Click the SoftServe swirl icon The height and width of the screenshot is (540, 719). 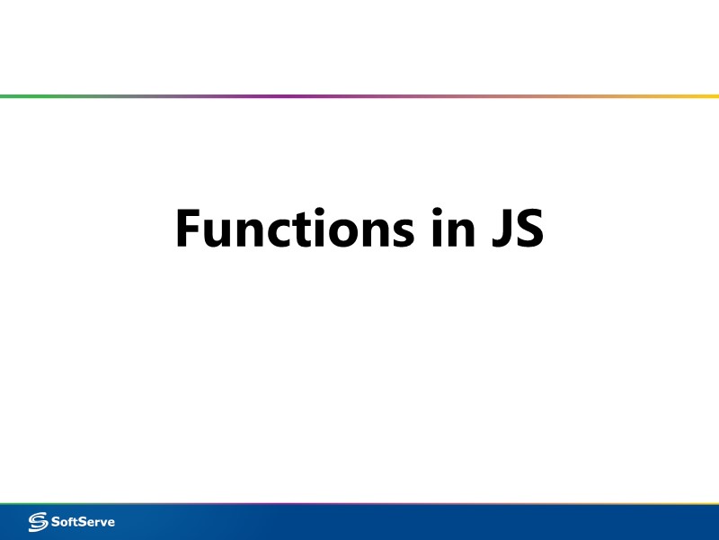pyautogui.click(x=40, y=521)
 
